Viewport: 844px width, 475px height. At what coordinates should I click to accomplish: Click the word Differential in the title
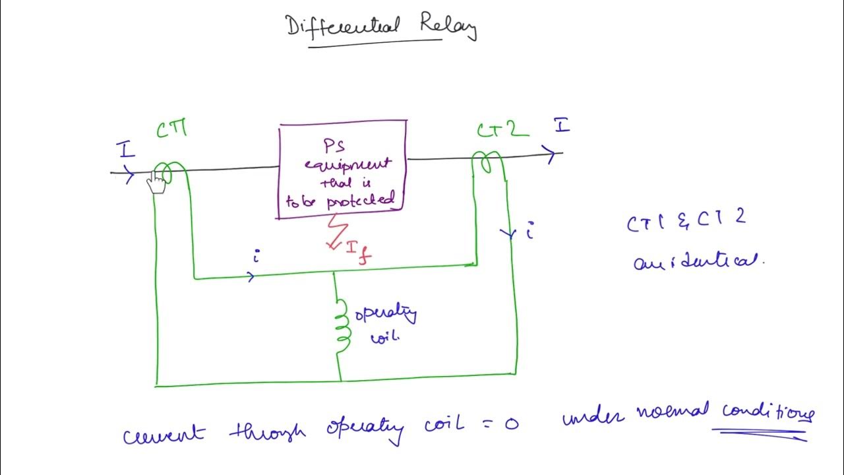[343, 26]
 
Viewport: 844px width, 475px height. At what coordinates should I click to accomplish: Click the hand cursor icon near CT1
[157, 183]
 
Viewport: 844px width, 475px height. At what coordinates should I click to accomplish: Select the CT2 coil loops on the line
[488, 162]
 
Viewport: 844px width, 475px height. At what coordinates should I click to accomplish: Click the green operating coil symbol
[341, 327]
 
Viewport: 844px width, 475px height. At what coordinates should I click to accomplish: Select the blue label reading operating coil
[386, 323]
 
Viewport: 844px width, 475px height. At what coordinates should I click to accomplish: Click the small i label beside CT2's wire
[529, 232]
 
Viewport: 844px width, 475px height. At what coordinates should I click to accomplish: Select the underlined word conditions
[768, 413]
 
